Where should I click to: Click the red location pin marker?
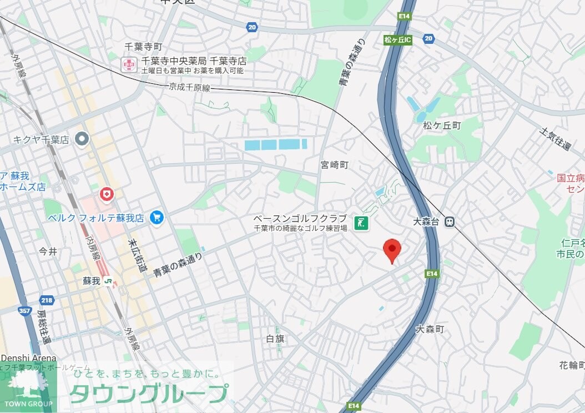pyautogui.click(x=392, y=249)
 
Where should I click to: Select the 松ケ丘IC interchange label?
pyautogui.click(x=397, y=40)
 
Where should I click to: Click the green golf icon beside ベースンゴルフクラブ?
pyautogui.click(x=362, y=223)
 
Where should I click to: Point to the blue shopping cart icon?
pyautogui.click(x=157, y=218)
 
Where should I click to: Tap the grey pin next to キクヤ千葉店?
pyautogui.click(x=83, y=139)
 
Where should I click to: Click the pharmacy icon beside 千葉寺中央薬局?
pyautogui.click(x=129, y=64)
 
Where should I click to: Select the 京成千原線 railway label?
pyautogui.click(x=189, y=88)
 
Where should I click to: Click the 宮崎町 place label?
pyautogui.click(x=334, y=165)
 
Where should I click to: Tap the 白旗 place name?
pyautogui.click(x=275, y=339)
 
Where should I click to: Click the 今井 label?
pyautogui.click(x=48, y=251)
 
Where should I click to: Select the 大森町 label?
pyautogui.click(x=430, y=329)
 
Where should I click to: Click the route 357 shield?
pyautogui.click(x=24, y=311)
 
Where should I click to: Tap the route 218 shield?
pyautogui.click(x=47, y=300)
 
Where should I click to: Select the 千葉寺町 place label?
pyautogui.click(x=143, y=47)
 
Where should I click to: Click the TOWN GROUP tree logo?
pyautogui.click(x=28, y=387)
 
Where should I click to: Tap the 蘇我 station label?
pyautogui.click(x=92, y=281)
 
